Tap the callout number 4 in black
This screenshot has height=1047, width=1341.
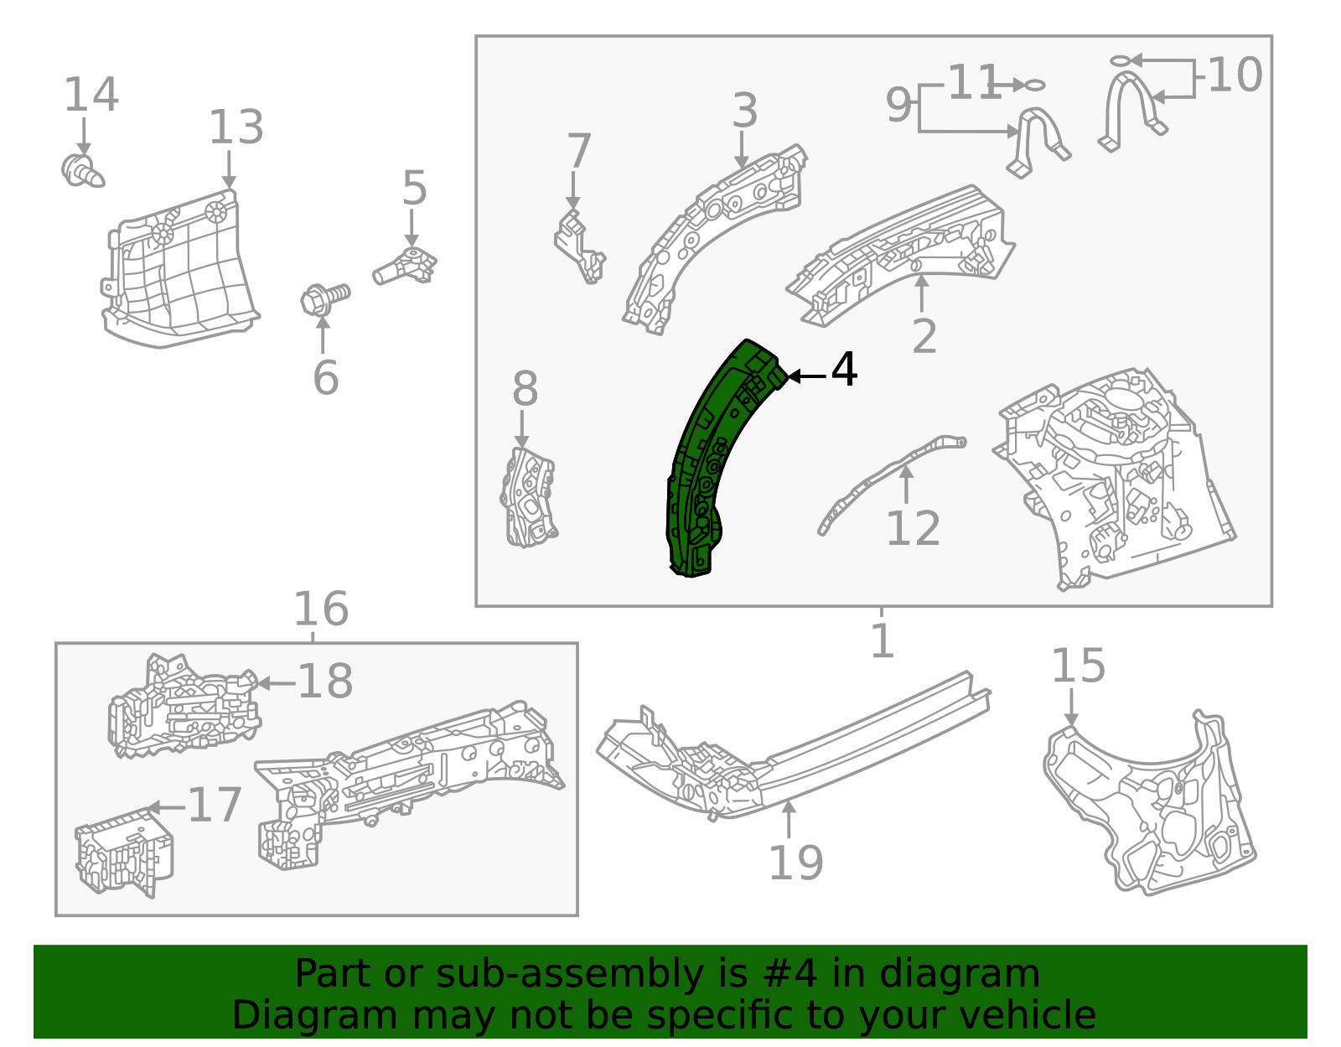[844, 370]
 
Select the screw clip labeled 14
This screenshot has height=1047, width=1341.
[81, 171]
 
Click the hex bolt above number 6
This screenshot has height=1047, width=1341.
[324, 298]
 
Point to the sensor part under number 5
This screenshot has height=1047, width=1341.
[406, 267]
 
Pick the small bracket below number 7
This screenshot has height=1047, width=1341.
[579, 248]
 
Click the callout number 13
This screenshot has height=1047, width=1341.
[236, 128]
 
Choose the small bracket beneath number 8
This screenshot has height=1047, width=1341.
[527, 498]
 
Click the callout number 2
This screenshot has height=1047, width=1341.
[924, 336]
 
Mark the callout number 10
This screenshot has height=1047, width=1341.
[1235, 75]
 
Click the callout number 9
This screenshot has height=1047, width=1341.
[898, 106]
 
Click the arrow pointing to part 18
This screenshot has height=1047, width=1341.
[273, 683]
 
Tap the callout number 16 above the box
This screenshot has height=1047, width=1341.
[320, 609]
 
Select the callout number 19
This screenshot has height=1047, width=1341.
[795, 863]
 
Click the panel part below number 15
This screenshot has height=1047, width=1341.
[1148, 805]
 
